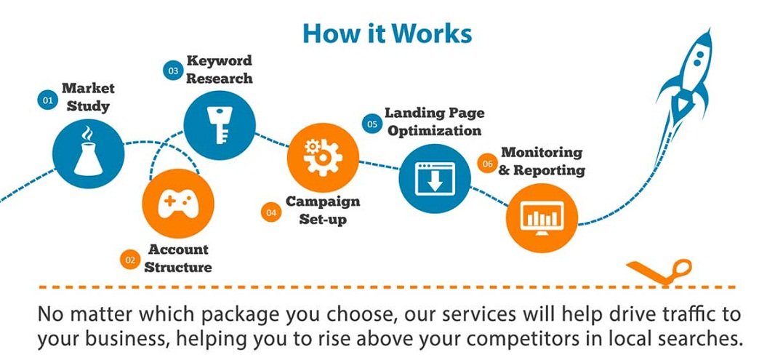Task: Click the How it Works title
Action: pyautogui.click(x=387, y=34)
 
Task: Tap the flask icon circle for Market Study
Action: pyautogui.click(x=89, y=153)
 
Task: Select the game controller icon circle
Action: pyautogui.click(x=178, y=203)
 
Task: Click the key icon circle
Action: pyautogui.click(x=220, y=124)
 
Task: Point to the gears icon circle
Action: pyautogui.click(x=323, y=157)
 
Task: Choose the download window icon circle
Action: pyautogui.click(x=435, y=178)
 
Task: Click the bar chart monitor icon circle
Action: pyautogui.click(x=542, y=219)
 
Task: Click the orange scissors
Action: pyautogui.click(x=659, y=271)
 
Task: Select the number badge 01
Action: pyautogui.click(x=47, y=100)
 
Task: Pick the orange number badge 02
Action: pyautogui.click(x=130, y=260)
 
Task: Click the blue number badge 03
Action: pyautogui.click(x=173, y=71)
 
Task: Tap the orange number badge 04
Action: pyautogui.click(x=271, y=212)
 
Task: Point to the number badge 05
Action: pyautogui.click(x=372, y=124)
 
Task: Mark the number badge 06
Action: pyautogui.click(x=487, y=164)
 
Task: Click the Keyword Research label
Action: pyautogui.click(x=220, y=69)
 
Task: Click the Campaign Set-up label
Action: pyautogui.click(x=323, y=209)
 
